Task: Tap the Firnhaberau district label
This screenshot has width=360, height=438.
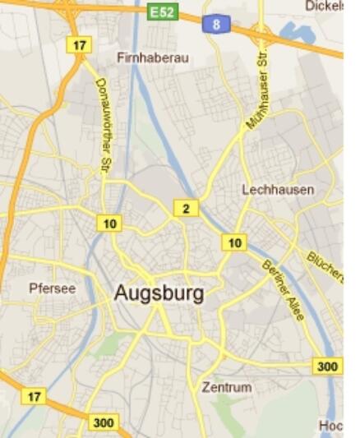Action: click(x=153, y=58)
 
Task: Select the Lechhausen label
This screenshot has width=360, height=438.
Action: click(x=278, y=190)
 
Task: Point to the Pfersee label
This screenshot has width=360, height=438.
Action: click(x=52, y=288)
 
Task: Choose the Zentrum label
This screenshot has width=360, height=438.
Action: click(x=227, y=386)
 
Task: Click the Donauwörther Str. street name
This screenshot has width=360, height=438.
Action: click(x=104, y=126)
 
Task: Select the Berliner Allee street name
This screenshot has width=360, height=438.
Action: click(x=283, y=284)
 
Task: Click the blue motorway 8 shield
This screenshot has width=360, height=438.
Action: click(x=216, y=25)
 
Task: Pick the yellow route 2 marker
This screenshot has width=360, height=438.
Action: click(x=186, y=209)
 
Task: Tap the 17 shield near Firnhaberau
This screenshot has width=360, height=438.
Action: click(x=79, y=45)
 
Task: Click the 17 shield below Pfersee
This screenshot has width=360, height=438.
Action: click(x=33, y=397)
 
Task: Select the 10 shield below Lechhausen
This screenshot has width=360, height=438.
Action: click(x=234, y=242)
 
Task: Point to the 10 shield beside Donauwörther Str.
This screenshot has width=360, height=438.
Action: click(x=108, y=223)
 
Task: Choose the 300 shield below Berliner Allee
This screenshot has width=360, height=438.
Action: click(x=327, y=366)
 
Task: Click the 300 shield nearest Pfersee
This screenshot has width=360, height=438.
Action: click(x=103, y=423)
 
